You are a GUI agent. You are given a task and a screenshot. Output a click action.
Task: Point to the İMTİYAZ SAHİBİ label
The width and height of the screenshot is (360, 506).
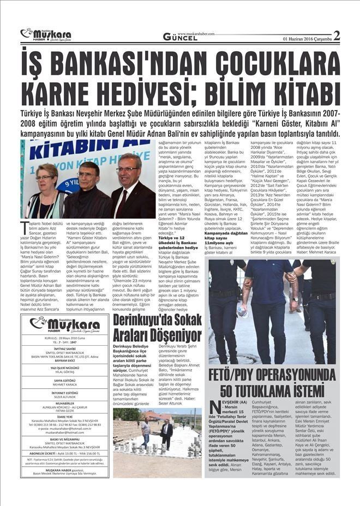point(64,348)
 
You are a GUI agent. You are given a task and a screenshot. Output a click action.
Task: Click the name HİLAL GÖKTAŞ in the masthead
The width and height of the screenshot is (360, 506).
point(64,373)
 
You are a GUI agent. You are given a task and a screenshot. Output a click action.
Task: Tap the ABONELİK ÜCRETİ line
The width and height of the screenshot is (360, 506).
point(64,453)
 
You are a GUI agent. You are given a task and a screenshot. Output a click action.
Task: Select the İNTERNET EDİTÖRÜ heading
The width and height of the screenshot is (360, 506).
point(64,393)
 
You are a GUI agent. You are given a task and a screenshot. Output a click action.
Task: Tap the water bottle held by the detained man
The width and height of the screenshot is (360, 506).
point(242,311)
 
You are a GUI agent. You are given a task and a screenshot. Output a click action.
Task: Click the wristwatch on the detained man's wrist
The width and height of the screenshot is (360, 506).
point(295,299)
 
